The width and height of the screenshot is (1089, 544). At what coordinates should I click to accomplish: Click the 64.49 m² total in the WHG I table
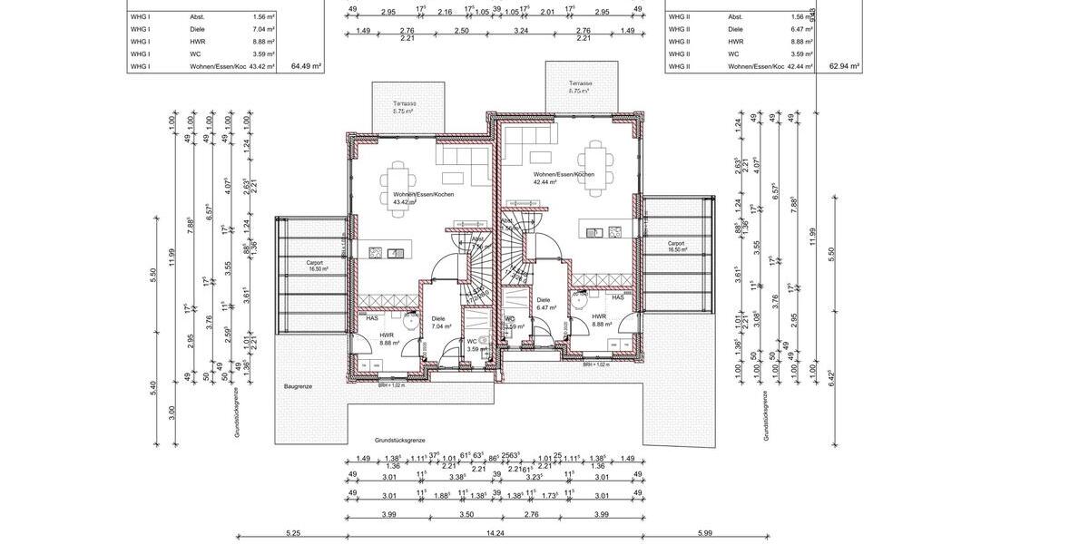(x=306, y=66)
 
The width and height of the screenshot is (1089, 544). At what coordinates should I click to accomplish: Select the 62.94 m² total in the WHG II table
(x=844, y=66)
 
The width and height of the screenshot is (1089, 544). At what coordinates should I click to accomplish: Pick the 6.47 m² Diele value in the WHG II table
(x=800, y=29)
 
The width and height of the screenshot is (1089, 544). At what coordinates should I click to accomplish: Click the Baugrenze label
(x=298, y=386)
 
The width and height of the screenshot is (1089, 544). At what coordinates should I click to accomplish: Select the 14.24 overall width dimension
(x=495, y=534)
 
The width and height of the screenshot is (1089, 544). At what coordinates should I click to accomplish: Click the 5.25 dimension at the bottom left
(x=292, y=534)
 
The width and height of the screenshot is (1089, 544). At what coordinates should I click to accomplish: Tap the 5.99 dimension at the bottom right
(x=706, y=534)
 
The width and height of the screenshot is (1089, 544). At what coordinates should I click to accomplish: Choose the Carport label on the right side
(x=676, y=243)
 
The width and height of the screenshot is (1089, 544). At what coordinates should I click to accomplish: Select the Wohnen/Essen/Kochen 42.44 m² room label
(x=563, y=178)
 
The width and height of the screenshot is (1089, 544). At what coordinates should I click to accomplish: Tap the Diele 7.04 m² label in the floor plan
(x=439, y=321)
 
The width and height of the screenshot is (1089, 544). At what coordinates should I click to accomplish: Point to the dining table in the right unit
(x=595, y=167)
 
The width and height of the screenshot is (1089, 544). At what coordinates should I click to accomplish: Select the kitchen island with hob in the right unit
(x=603, y=232)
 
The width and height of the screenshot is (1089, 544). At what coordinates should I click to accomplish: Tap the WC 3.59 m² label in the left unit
(x=473, y=345)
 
